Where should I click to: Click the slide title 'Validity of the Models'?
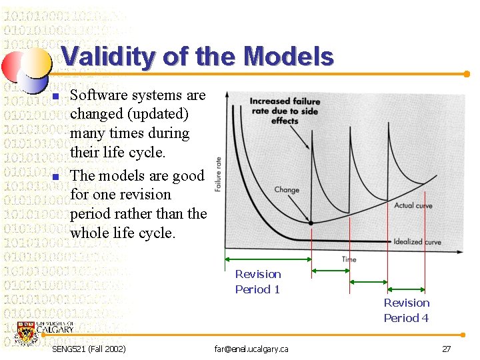point(197,57)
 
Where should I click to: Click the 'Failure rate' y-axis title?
point(219,174)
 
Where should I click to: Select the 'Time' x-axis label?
point(349,259)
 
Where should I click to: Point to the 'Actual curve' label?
point(413,206)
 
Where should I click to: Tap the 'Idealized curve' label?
point(417,241)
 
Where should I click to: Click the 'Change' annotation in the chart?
point(287,190)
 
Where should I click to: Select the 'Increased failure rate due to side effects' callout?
point(285,111)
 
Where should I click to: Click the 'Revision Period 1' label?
point(258,281)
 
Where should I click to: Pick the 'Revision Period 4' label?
point(406,310)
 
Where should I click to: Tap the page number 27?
point(446,349)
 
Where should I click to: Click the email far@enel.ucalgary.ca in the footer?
point(251,349)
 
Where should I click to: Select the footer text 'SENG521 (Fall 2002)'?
point(89,349)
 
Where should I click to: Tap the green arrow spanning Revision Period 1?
point(268,259)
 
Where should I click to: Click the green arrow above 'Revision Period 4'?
point(407,288)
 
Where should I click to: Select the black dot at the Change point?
point(311,223)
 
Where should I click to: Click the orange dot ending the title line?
point(467,74)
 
